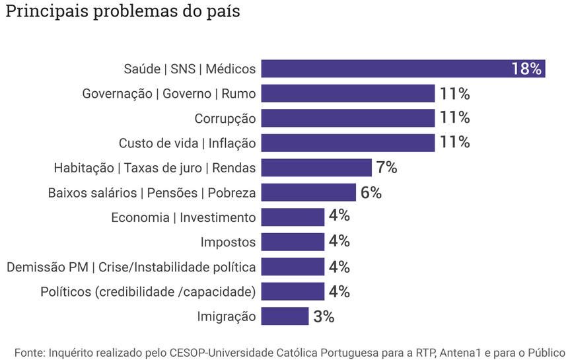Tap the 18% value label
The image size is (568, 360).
(526, 69)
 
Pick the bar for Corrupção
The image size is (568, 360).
(347, 118)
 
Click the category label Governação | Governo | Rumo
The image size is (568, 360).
(168, 93)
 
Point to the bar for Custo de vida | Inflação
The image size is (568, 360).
(347, 143)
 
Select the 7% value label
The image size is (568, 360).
(386, 168)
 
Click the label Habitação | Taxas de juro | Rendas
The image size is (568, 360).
(155, 168)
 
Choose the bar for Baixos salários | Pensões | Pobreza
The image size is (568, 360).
(308, 192)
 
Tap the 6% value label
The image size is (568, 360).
(371, 192)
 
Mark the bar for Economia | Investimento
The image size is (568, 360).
(293, 217)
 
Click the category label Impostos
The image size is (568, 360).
(228, 242)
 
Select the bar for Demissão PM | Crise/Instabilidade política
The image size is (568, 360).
(293, 267)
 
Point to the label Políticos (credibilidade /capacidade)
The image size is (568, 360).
(148, 291)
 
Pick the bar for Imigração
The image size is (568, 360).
(285, 316)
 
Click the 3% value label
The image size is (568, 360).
(324, 316)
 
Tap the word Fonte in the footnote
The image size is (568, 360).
(29, 352)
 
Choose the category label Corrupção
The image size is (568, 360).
(225, 118)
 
